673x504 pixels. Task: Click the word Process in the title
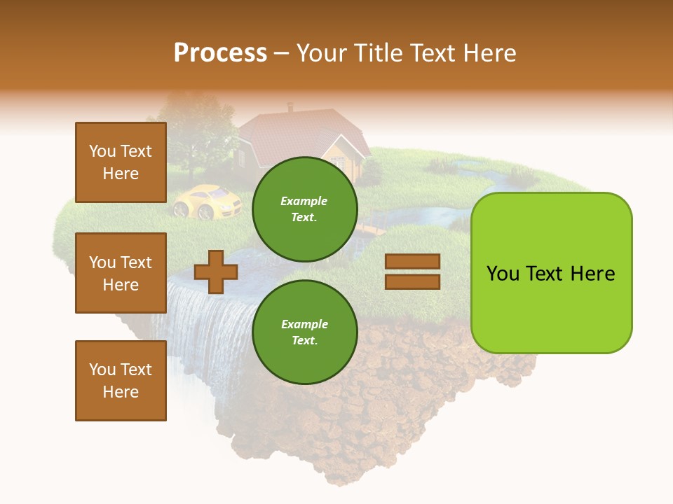tap(220, 52)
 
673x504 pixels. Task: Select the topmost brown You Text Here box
tap(121, 162)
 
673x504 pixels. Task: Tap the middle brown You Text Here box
tap(121, 273)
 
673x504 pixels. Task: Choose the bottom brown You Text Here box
tap(121, 380)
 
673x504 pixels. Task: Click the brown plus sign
tap(215, 272)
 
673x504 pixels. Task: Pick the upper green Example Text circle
tap(304, 209)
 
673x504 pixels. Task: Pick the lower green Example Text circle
tap(304, 332)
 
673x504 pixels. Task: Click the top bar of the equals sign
tap(412, 262)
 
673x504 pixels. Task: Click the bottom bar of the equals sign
tap(412, 281)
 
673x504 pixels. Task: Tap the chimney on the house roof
tap(290, 107)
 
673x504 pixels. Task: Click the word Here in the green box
tap(592, 273)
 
